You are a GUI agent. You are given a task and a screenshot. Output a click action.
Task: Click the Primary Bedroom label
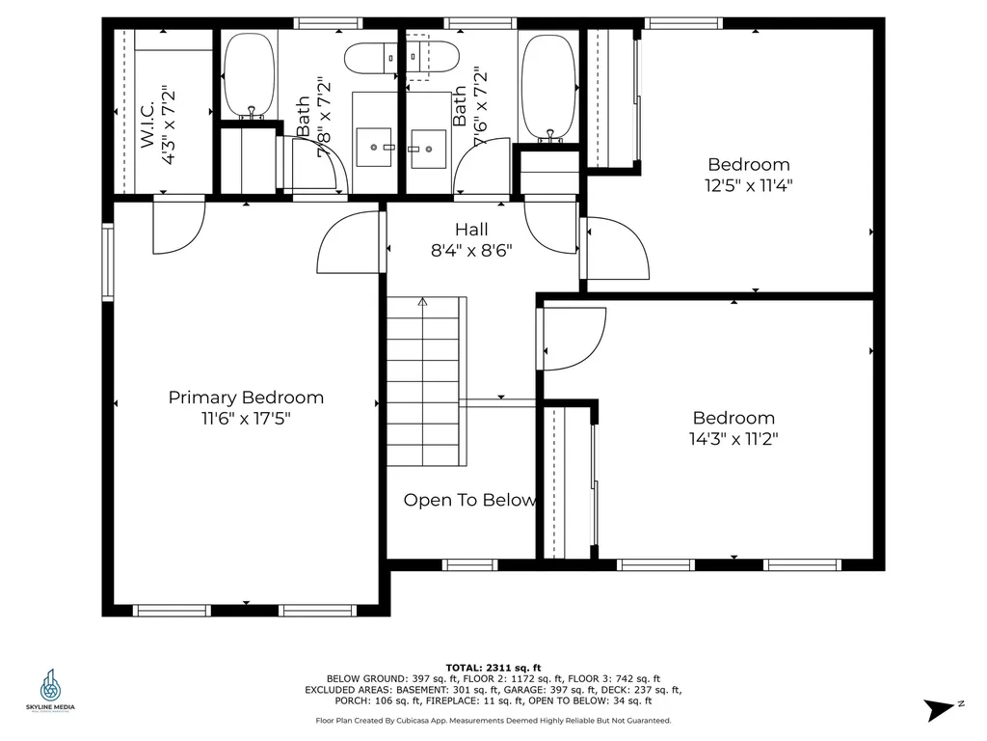[x=246, y=398]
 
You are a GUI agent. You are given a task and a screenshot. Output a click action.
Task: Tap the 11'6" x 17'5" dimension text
[x=246, y=419]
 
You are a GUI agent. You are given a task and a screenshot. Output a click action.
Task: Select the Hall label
[x=471, y=230]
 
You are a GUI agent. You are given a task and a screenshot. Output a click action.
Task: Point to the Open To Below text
[x=468, y=500]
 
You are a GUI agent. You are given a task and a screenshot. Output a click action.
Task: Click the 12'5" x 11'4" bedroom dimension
[x=748, y=185]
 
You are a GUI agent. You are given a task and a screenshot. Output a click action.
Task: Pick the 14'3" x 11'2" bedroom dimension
[x=734, y=439]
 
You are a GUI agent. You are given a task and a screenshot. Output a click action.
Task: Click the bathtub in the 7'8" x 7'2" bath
[x=250, y=75]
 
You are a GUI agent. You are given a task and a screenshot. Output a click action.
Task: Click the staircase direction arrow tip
[x=422, y=301]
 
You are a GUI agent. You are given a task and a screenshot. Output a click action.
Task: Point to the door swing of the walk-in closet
[x=178, y=227]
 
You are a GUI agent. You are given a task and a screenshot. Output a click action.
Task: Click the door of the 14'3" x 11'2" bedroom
[x=574, y=338]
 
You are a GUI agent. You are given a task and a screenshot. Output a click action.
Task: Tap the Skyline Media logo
[x=50, y=689]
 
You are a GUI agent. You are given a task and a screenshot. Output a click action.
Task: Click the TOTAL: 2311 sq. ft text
[x=493, y=667]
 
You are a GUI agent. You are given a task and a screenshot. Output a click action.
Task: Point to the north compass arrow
[x=940, y=710]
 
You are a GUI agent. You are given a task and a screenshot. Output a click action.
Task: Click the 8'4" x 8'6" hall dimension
[x=471, y=250]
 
